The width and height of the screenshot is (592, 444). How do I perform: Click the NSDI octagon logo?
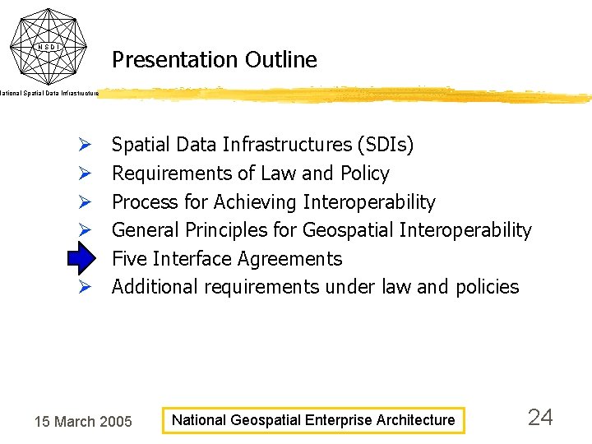pos(49,45)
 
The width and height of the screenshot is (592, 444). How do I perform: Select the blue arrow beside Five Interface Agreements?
pos(82,259)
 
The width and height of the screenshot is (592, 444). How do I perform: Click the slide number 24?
pos(539,418)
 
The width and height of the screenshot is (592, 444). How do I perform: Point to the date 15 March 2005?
pos(82,422)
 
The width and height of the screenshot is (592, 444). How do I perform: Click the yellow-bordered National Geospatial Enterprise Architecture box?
pos(312,420)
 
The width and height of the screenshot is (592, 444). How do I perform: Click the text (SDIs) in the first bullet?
pos(386,146)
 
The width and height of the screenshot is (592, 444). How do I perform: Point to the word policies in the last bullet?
pos(486,288)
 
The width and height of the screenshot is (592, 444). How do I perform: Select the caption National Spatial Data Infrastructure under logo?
pos(49,94)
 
